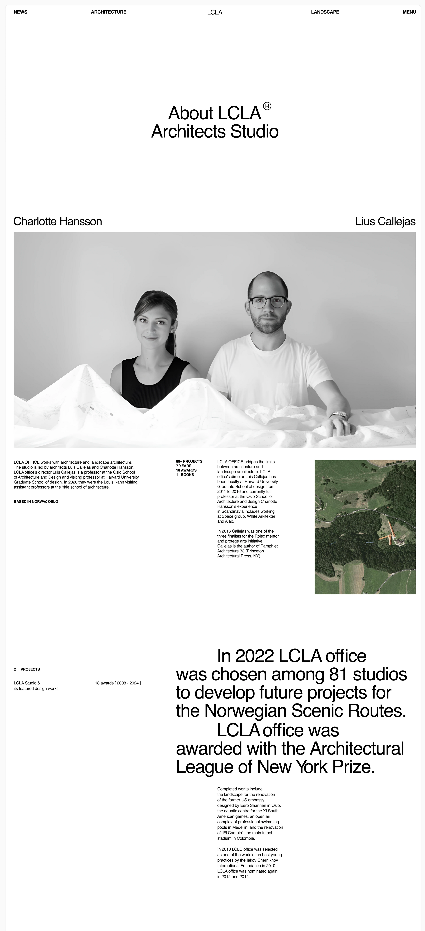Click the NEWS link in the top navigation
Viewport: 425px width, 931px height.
coord(20,12)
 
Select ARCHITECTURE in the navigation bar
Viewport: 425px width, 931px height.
coord(108,12)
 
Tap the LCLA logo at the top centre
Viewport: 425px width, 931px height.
coord(214,12)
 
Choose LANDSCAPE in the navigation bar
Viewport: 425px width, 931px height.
coord(325,12)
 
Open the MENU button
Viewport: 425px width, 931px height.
coord(409,12)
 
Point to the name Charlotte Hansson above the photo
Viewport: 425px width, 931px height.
coord(58,221)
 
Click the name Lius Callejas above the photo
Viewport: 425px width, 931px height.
coord(385,221)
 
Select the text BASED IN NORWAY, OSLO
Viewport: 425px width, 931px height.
coord(36,502)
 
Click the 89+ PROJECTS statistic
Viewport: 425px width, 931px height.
coord(189,462)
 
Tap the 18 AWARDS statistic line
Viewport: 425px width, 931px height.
coord(186,470)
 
